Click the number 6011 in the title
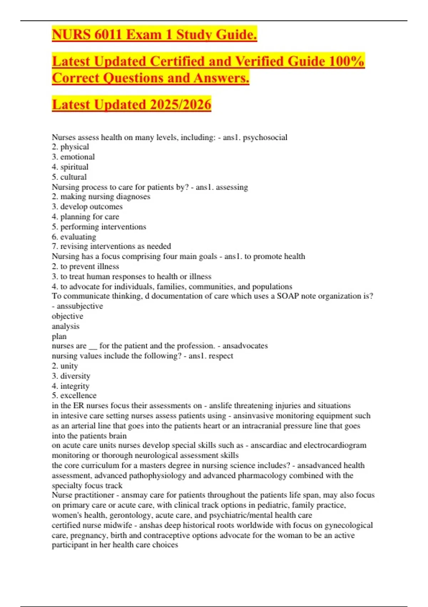(108, 35)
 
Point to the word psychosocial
(265, 137)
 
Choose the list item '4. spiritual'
(70, 167)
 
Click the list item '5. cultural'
(69, 177)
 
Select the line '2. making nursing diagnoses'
(101, 196)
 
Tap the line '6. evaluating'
(74, 237)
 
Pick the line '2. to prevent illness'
(85, 266)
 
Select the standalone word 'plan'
(59, 336)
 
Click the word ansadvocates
(245, 346)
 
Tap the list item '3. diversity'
(71, 376)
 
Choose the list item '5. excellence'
(74, 396)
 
